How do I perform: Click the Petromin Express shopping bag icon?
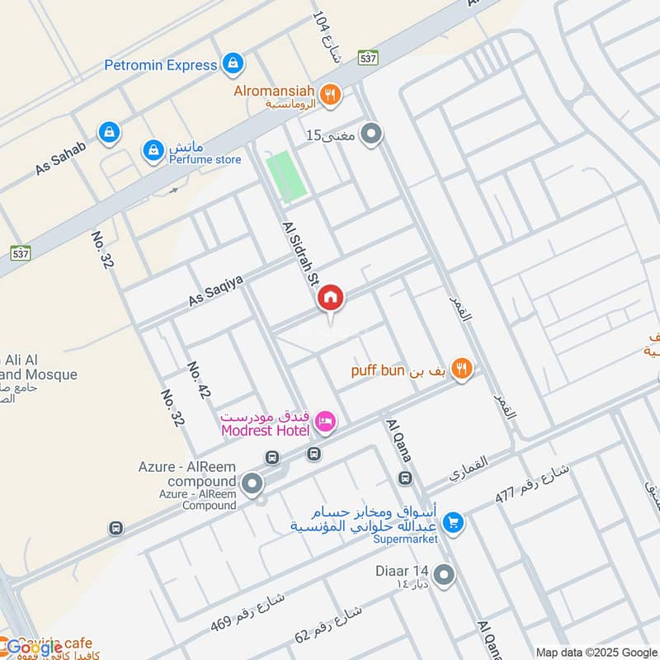pyautogui.click(x=233, y=63)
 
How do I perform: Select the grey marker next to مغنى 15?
pyautogui.click(x=373, y=132)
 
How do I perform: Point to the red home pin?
pyautogui.click(x=331, y=298)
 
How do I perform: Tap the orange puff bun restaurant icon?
pyautogui.click(x=462, y=370)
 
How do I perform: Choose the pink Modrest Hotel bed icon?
pyautogui.click(x=326, y=422)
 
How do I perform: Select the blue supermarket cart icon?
pyautogui.click(x=452, y=521)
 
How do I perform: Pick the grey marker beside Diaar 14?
pyautogui.click(x=444, y=575)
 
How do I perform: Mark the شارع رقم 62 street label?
pyautogui.click(x=329, y=625)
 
